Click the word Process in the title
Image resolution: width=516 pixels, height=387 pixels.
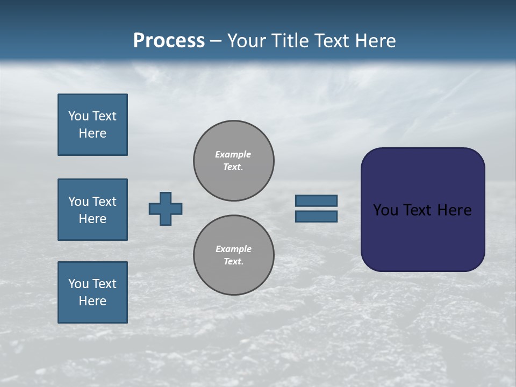pyautogui.click(x=169, y=41)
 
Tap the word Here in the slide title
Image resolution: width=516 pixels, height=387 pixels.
pyautogui.click(x=375, y=41)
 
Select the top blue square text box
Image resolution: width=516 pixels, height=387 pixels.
pyautogui.click(x=92, y=125)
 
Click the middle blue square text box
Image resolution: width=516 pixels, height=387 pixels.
pyautogui.click(x=92, y=210)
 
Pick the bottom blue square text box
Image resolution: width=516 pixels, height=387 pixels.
pyautogui.click(x=92, y=292)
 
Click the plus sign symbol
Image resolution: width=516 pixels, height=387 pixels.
pyautogui.click(x=166, y=209)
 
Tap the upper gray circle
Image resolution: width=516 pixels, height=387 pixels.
pyautogui.click(x=233, y=161)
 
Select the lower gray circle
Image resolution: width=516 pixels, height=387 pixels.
pyautogui.click(x=233, y=255)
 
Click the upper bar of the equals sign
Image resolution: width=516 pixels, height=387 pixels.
pyautogui.click(x=316, y=200)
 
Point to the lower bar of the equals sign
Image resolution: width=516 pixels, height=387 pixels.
pyautogui.click(x=316, y=216)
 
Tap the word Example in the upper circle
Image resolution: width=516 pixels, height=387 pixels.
pyautogui.click(x=233, y=154)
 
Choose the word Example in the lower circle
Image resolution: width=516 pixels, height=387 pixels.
pyautogui.click(x=233, y=249)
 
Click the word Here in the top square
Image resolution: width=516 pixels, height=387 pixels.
pyautogui.click(x=92, y=133)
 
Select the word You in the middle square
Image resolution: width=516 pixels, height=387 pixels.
pyautogui.click(x=78, y=202)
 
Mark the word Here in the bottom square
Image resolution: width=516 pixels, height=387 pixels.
pyautogui.click(x=92, y=301)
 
